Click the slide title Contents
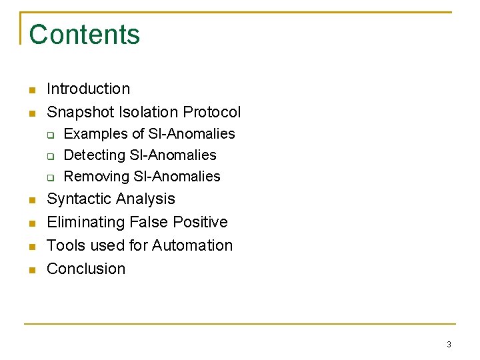pyautogui.click(x=85, y=35)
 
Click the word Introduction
pyautogui.click(x=88, y=89)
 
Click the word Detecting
pyautogui.click(x=93, y=155)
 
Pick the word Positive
pyautogui.click(x=199, y=222)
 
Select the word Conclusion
pyautogui.click(x=86, y=269)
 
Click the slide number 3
pyautogui.click(x=449, y=345)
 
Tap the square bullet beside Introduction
pyautogui.click(x=31, y=90)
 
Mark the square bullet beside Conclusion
pyautogui.click(x=31, y=270)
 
